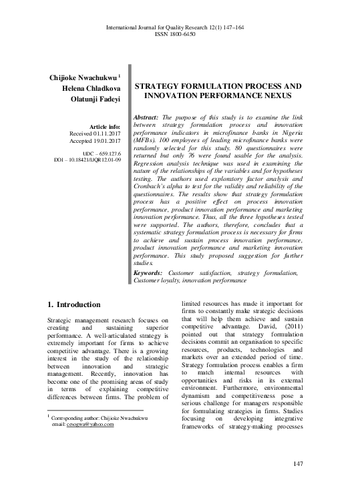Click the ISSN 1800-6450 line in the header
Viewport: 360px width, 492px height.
click(x=179, y=33)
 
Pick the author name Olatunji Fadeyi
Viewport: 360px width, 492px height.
click(x=92, y=101)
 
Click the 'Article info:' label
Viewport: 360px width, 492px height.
click(x=103, y=127)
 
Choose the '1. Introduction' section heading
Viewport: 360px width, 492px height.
click(x=74, y=304)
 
